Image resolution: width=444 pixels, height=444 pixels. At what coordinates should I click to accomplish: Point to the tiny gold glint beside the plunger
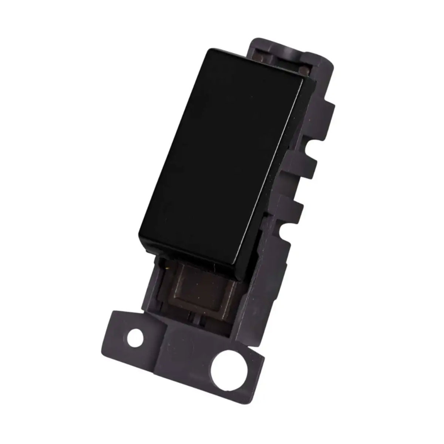point(169,266)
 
